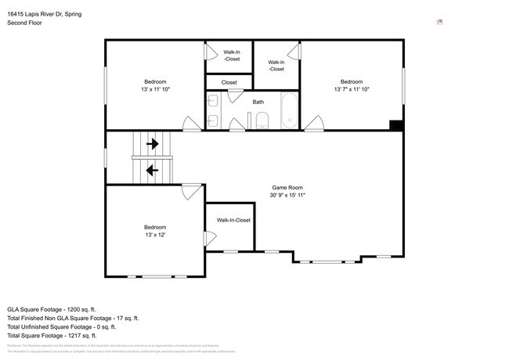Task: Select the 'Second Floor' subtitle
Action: pos(24,23)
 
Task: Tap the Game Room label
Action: pos(287,188)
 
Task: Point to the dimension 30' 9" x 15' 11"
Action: pos(287,196)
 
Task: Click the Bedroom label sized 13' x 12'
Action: pos(154,227)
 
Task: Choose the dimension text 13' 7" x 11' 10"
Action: pos(351,89)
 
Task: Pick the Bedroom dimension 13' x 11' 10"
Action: pos(154,89)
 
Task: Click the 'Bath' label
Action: pos(258,102)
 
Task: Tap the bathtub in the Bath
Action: pos(289,111)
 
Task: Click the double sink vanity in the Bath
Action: pos(213,110)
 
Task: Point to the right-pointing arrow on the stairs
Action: pos(152,144)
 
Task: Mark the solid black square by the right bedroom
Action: pos(396,126)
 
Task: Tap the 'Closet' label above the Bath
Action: pos(229,82)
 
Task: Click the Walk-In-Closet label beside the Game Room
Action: pos(233,221)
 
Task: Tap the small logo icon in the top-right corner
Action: pos(439,22)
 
